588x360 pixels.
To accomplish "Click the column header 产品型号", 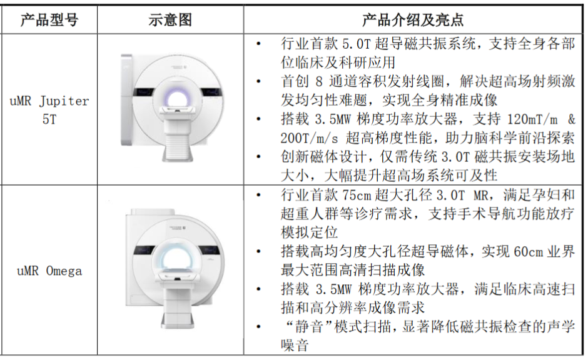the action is (49, 19).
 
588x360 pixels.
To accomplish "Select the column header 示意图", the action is (170, 19).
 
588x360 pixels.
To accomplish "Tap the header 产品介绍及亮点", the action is (412, 19).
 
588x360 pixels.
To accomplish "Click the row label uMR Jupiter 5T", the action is (49, 110).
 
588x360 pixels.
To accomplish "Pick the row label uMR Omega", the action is (49, 271).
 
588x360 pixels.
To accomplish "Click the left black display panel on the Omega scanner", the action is (145, 250).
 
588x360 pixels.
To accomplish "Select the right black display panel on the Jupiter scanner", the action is (213, 92).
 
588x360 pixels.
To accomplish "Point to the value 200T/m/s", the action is (309, 138).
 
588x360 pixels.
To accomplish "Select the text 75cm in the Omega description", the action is (356, 195).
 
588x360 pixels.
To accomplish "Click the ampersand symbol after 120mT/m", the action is (571, 119).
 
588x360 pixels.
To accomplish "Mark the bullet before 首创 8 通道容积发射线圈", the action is (258, 81).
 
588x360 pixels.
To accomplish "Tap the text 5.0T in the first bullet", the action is (356, 44).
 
